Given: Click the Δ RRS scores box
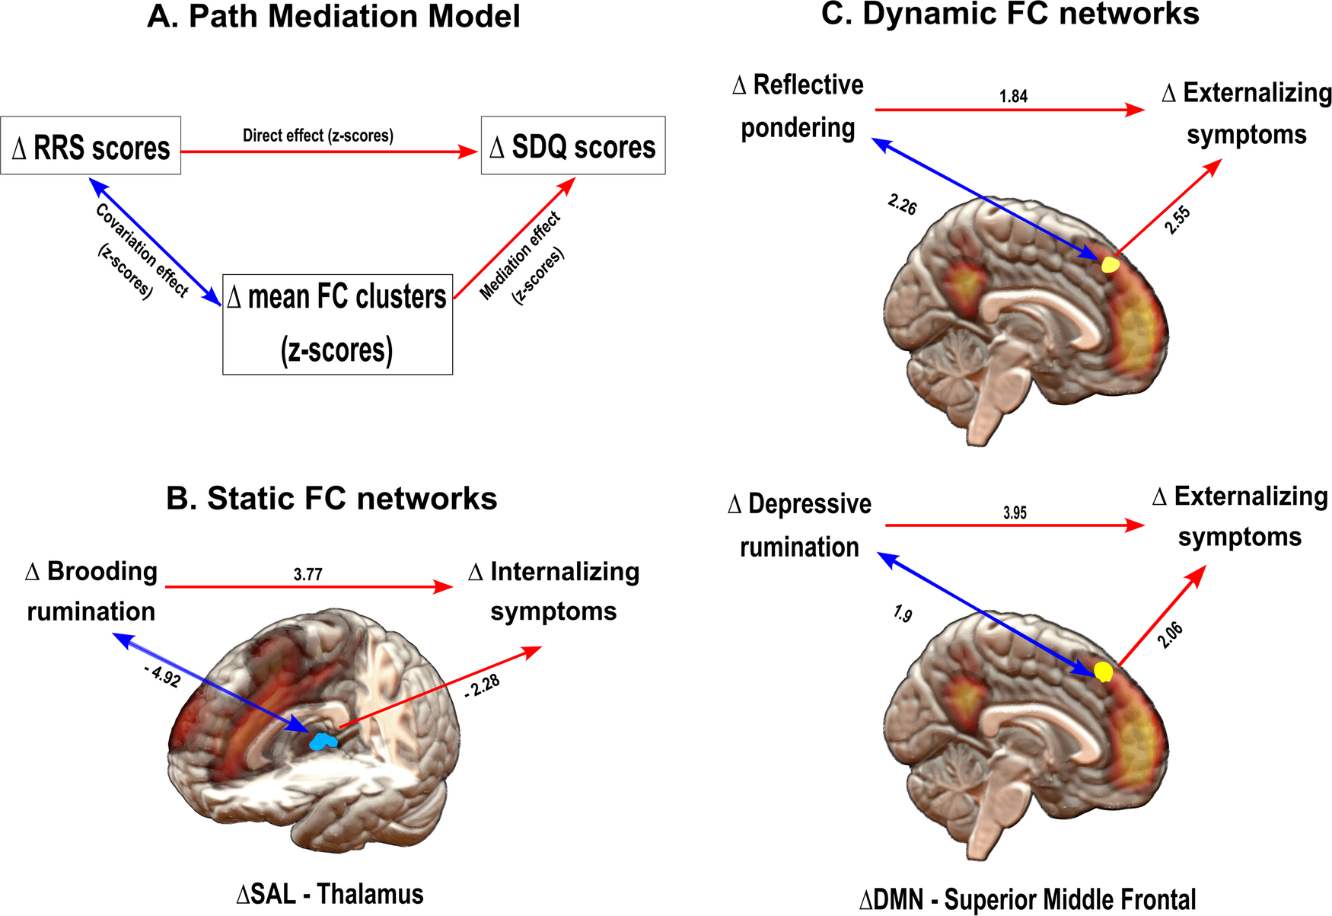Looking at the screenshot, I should point(91,145).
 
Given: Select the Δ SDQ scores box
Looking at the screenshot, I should point(573,145).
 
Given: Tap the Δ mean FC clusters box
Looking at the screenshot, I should point(337,324).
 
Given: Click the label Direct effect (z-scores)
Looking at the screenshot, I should point(317,136).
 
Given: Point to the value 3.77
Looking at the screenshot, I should point(308,574).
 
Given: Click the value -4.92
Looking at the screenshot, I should point(162,675).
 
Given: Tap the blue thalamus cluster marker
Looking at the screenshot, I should point(323,741).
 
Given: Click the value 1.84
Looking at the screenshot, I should point(1013,96).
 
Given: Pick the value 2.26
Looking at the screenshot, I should point(902,204).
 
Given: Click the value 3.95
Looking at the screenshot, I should point(1015,512).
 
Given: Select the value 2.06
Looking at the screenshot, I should point(1170,634).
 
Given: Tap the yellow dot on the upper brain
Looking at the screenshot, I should point(1111,265).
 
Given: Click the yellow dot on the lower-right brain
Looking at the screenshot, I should point(1103,672).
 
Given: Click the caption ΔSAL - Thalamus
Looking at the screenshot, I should point(330,894).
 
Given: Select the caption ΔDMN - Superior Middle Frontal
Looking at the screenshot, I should point(1028,899).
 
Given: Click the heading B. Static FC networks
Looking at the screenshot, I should point(331,499).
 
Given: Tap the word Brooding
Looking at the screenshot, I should point(102,571).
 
